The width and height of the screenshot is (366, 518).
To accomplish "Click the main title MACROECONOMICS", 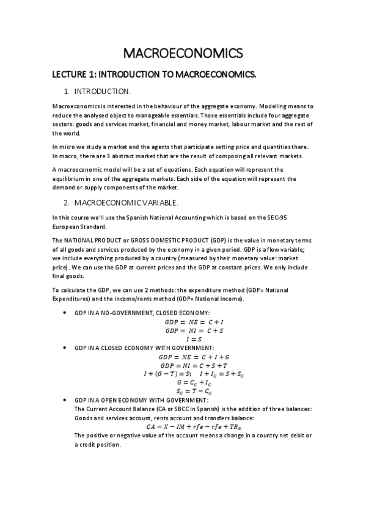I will [183, 53].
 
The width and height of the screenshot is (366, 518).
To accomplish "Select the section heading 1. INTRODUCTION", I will [102, 92].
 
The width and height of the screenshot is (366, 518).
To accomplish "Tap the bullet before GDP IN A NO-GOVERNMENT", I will [65, 313].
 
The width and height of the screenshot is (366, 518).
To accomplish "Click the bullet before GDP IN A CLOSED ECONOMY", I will [65, 348].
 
